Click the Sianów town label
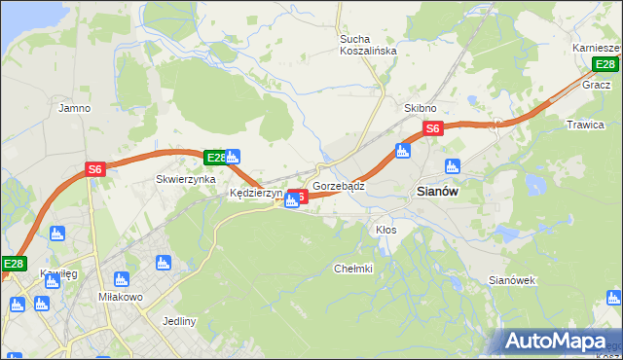coord(437,192)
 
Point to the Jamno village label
coord(74,108)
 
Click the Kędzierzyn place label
coord(255,194)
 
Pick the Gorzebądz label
coord(339,185)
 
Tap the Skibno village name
coord(421,108)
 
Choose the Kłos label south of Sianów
coord(385,230)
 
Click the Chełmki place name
coord(353,269)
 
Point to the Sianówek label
coord(513,280)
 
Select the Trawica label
coord(585,125)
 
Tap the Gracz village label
coord(596,85)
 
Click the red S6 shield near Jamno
coord(94,168)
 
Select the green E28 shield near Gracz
coord(605,64)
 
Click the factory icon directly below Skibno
coord(402,150)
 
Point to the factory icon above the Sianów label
coord(451,165)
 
